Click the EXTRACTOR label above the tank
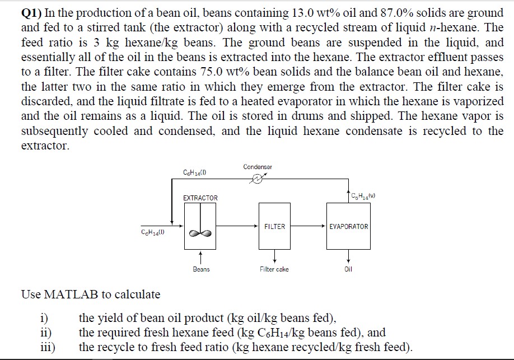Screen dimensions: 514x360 coord(200,198)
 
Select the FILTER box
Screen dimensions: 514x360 coord(274,226)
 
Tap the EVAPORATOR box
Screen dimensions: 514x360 coord(349,226)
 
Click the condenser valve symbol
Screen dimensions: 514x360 coord(257,180)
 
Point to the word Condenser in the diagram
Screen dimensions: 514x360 coord(258,167)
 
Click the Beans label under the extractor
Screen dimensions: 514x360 coord(201,269)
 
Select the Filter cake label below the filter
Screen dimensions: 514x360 coord(274,269)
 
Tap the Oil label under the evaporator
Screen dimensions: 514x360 coord(349,269)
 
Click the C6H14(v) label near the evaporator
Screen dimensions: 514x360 coord(363,195)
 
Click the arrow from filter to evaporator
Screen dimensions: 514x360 coord(308,226)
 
